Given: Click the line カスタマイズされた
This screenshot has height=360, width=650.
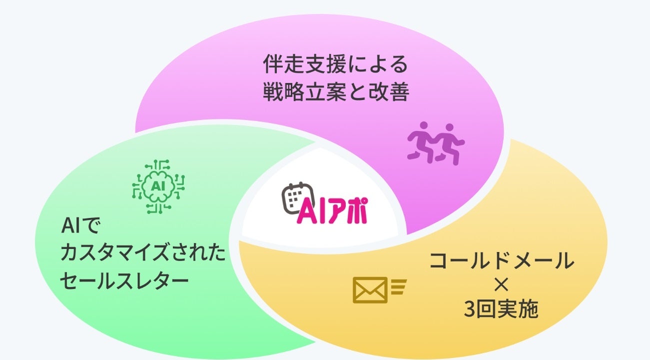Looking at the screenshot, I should pyautogui.click(x=143, y=253).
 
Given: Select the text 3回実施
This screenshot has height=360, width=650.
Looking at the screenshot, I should pyautogui.click(x=501, y=310).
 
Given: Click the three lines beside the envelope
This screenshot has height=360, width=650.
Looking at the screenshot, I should pyautogui.click(x=399, y=287).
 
